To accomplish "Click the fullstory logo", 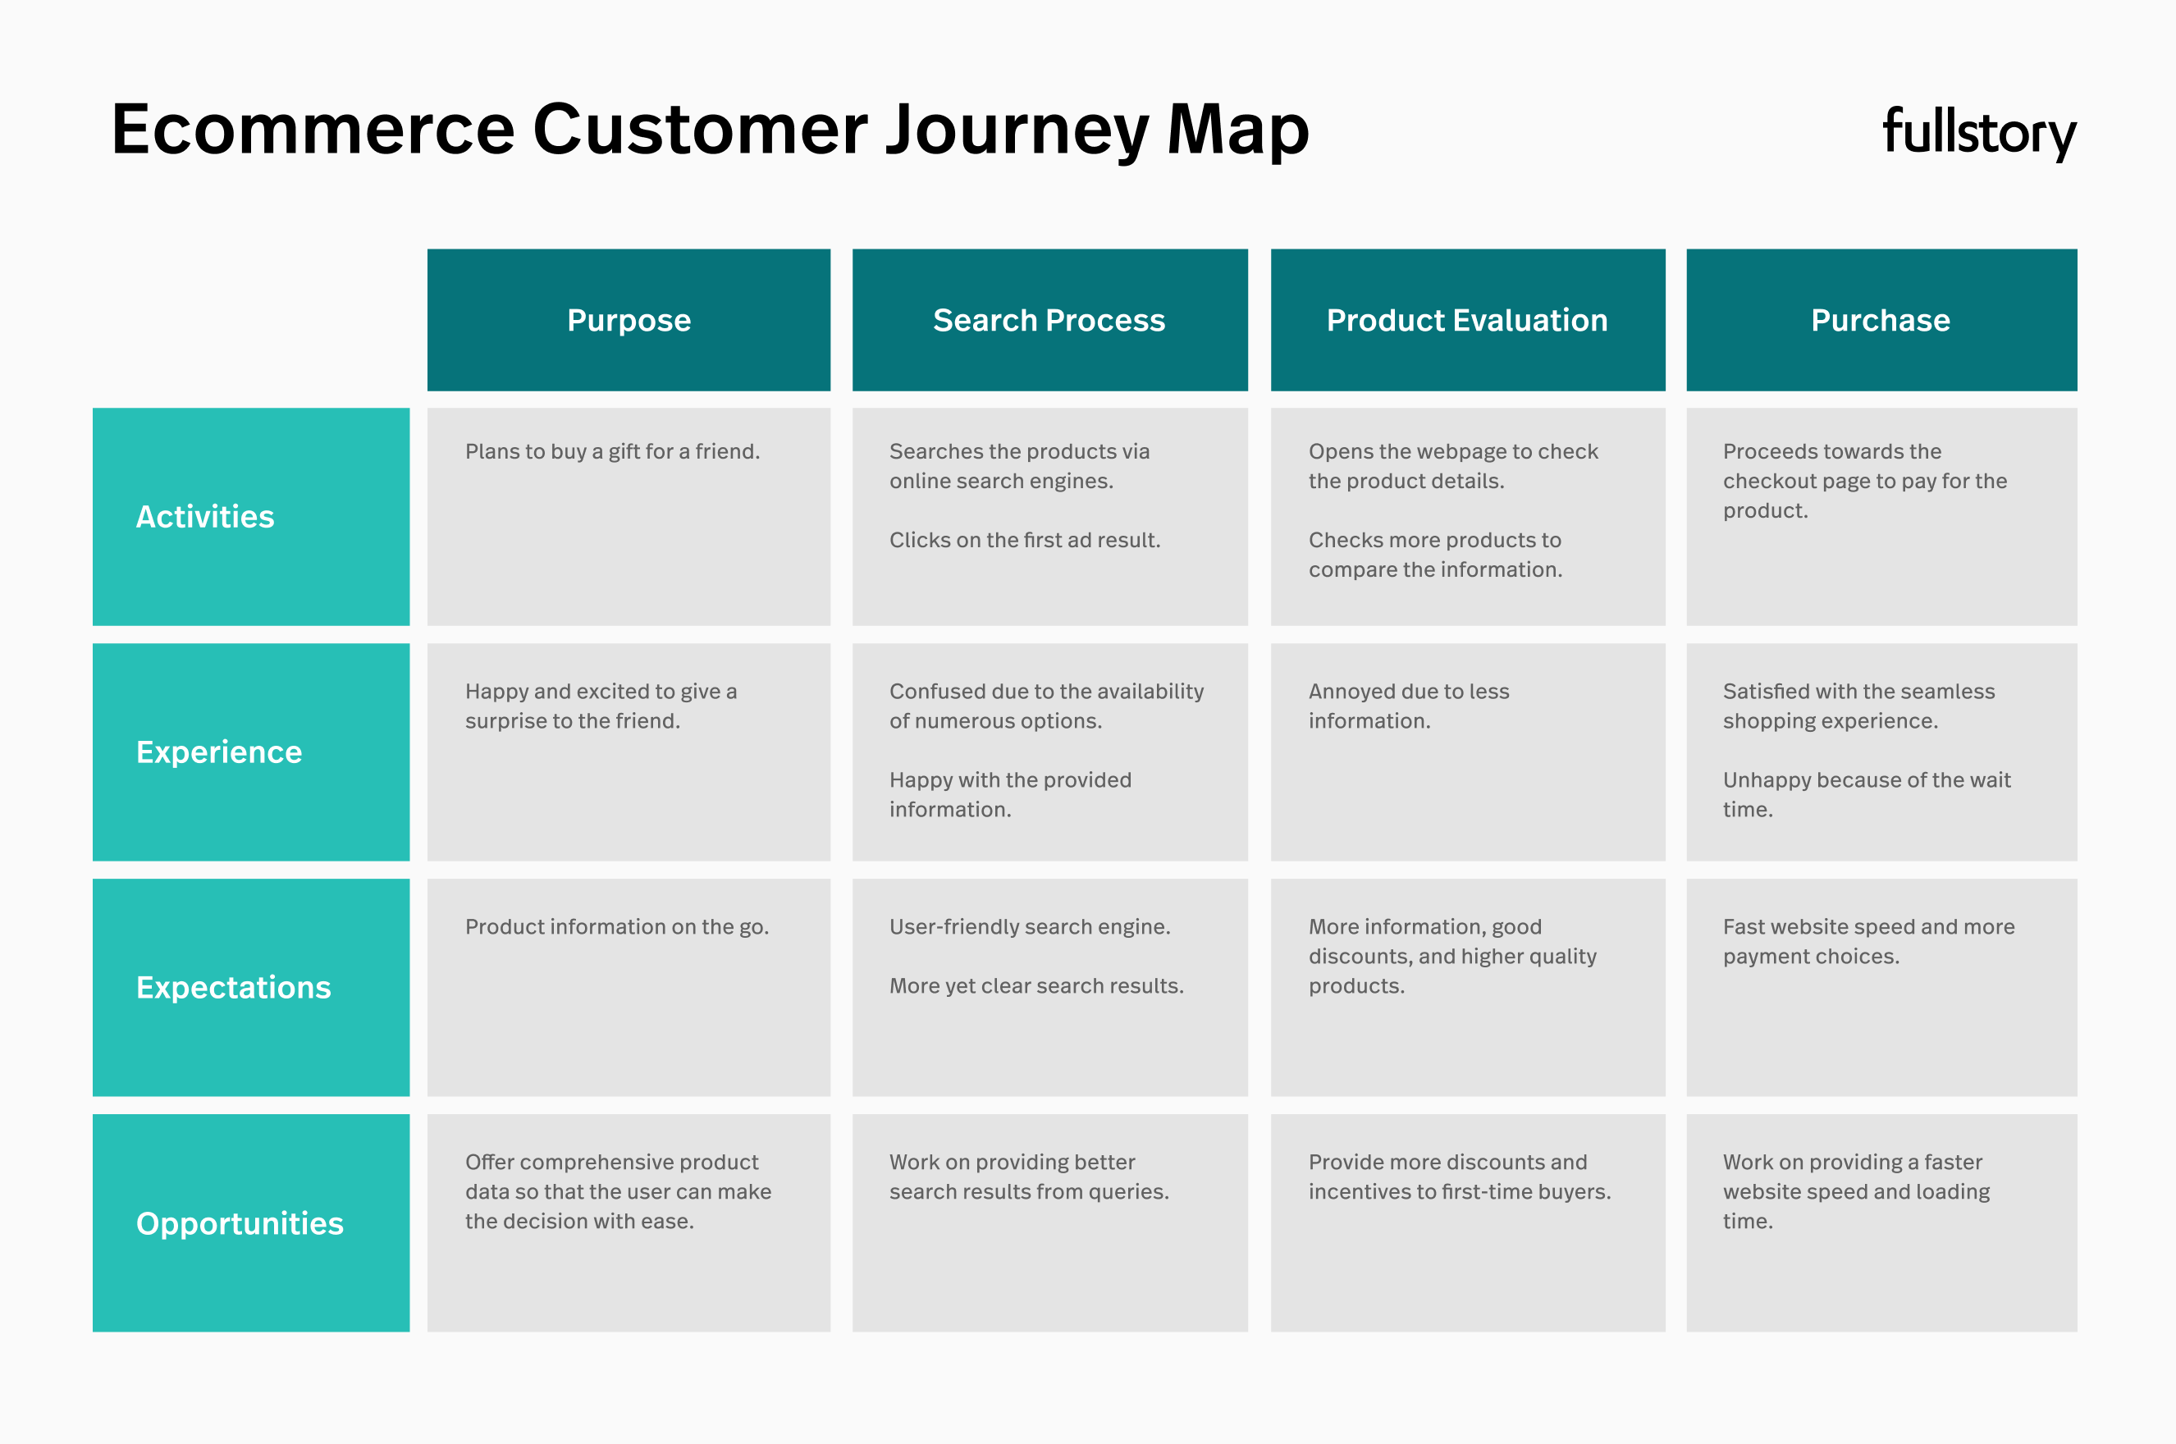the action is (x=1979, y=134).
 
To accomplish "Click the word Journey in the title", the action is (x=1017, y=130).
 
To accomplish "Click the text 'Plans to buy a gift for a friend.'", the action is (x=612, y=452).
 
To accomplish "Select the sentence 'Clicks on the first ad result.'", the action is (x=1025, y=541).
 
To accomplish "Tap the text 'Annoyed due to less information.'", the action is (x=1409, y=706).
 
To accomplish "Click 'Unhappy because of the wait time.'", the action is (x=1867, y=795).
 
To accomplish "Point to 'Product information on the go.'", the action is (x=617, y=927).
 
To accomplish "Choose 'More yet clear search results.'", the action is (x=1037, y=986).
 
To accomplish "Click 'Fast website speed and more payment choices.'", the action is (x=1869, y=942).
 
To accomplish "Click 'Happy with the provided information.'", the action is (x=1010, y=795).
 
